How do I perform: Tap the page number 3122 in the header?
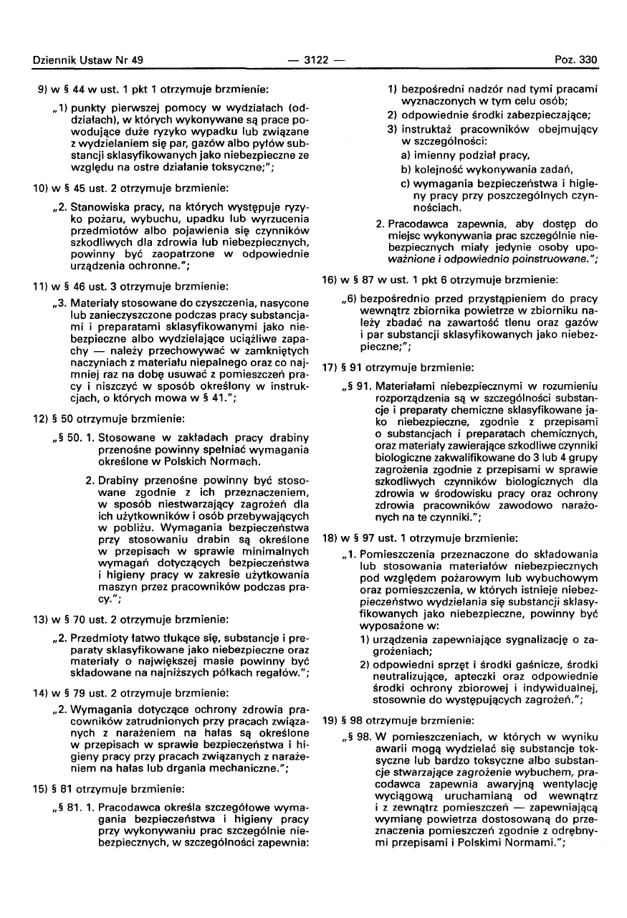click(312, 60)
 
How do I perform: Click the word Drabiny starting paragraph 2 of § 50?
click(116, 477)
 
